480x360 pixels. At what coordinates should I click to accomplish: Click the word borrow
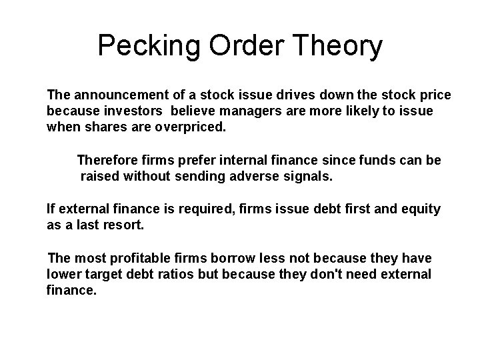click(228, 258)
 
